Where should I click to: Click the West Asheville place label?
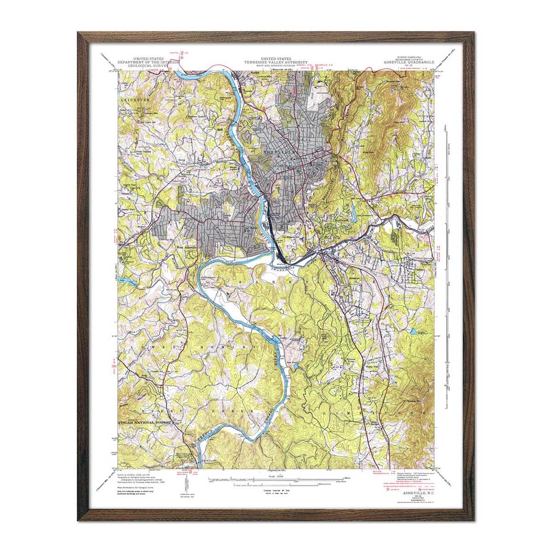pos(187,247)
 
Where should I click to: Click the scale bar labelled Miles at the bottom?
pos(276,478)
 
